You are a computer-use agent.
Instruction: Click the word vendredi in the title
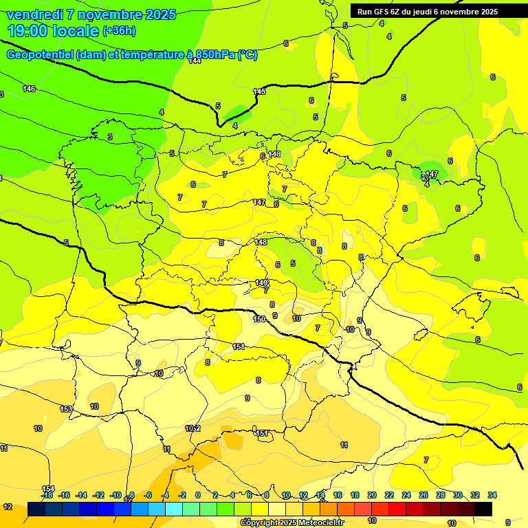34,14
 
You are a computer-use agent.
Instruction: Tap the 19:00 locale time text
52,31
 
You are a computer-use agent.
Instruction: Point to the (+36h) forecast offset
119,31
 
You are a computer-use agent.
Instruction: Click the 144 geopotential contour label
195,61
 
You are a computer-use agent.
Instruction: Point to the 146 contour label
29,89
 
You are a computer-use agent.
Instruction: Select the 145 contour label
259,91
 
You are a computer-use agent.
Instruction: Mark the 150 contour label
259,319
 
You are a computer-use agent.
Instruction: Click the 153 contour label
66,409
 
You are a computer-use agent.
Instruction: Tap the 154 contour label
48,488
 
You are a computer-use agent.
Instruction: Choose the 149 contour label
262,283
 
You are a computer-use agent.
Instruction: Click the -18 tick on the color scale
47,495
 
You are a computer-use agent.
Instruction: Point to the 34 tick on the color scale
492,495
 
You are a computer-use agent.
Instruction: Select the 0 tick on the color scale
198,495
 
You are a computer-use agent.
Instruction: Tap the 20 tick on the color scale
372,495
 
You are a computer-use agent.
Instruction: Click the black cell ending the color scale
483,509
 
